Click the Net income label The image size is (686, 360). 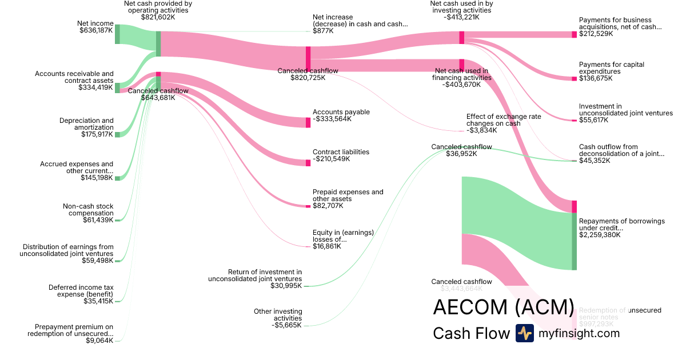coord(95,23)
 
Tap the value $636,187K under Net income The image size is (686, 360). coord(96,30)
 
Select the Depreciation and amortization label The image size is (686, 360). coord(86,124)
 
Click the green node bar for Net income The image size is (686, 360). coord(117,34)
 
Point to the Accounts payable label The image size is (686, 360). coord(341,112)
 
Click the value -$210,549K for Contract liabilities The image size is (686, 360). coord(332,159)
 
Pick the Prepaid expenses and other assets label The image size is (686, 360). coord(348,195)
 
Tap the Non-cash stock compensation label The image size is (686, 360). coord(88,210)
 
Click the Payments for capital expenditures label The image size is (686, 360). coord(611,68)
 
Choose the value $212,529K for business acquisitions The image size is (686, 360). coord(596,34)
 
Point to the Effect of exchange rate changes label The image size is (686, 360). coord(503,119)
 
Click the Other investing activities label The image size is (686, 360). coord(278,315)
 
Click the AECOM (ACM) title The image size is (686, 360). coord(503,307)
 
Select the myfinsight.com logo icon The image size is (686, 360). coord(524,333)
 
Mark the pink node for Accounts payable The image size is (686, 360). coord(308,122)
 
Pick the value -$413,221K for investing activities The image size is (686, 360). coord(461,17)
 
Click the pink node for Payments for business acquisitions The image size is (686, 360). coord(575,34)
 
